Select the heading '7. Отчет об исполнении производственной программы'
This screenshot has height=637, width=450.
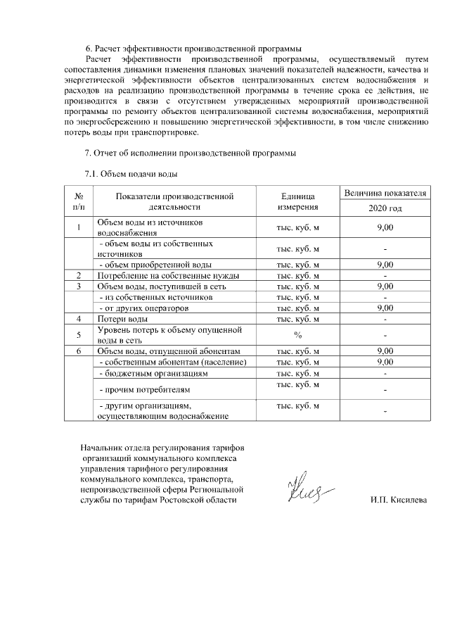pos(189,153)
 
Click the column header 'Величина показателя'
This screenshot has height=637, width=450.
pos(385,192)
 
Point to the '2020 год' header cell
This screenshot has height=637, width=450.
pos(385,209)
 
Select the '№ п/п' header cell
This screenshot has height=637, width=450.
pos(79,201)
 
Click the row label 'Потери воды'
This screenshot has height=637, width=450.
pos(122,319)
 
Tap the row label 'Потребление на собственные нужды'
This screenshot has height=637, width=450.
pos(168,275)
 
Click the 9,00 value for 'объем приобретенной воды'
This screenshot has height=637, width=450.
pos(385,265)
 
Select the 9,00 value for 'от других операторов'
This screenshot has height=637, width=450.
pos(385,308)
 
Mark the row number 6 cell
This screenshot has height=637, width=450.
pos(79,351)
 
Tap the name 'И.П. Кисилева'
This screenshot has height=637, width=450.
pos(398,500)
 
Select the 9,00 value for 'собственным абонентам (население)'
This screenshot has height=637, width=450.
pos(385,362)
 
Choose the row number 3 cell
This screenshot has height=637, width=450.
pos(79,286)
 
